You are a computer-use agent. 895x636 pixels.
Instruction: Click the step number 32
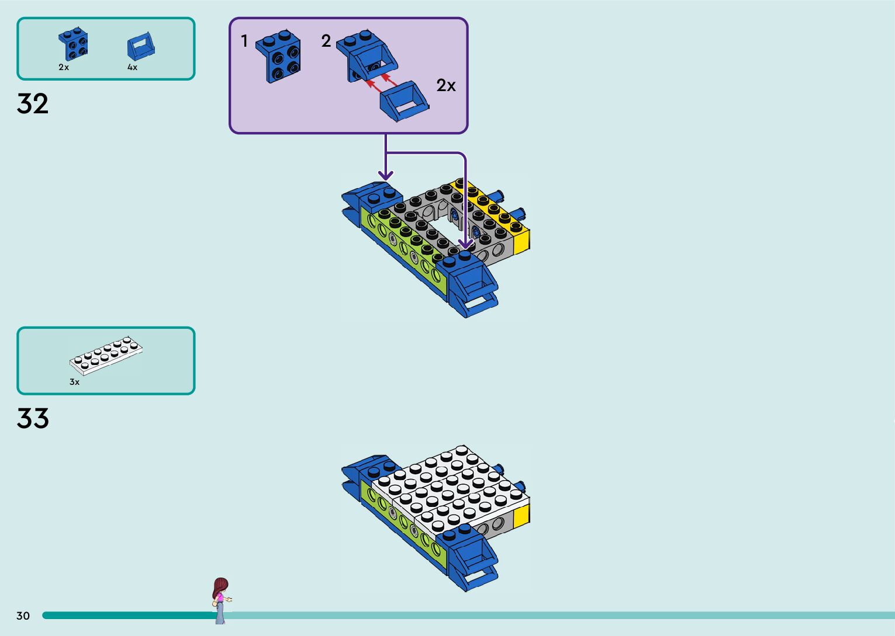coord(33,104)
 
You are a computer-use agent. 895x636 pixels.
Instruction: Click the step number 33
coord(33,419)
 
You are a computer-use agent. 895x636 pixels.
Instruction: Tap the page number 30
coord(23,616)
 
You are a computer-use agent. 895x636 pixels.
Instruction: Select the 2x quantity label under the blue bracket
coord(64,67)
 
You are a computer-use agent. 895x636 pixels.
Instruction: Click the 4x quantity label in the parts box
coord(133,67)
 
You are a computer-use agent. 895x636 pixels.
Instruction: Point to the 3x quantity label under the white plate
coord(74,382)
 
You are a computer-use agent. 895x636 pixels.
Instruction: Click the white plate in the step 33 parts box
coord(106,355)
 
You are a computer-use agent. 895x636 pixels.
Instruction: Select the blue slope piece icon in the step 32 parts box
coord(141,47)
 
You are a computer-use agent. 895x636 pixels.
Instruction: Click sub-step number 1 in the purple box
coord(244,41)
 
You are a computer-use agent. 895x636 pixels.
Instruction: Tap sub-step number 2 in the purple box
coord(326,41)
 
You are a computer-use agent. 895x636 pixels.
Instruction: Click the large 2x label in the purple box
coord(446,86)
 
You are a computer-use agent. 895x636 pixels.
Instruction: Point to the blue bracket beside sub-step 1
coord(279,57)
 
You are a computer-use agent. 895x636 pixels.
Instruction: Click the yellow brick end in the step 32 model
coord(521,239)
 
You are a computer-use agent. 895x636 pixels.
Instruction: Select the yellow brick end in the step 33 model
coord(521,515)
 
